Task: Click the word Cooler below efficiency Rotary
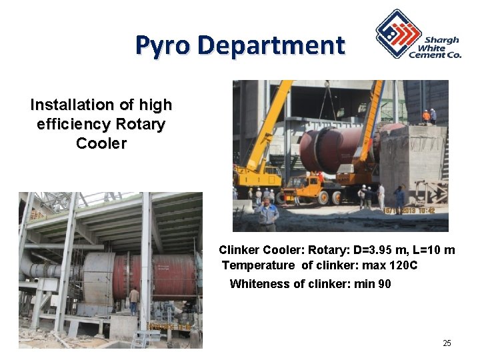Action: tap(101, 143)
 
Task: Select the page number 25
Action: tap(447, 343)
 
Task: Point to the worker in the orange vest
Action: tap(426, 116)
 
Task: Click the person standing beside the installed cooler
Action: tap(134, 300)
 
